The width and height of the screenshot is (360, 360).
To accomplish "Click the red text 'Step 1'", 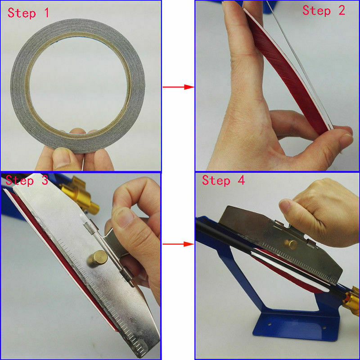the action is click(x=28, y=13).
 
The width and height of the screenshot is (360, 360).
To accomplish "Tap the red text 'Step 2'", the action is click(x=324, y=10).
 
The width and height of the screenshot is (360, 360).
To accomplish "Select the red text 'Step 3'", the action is click(x=27, y=180).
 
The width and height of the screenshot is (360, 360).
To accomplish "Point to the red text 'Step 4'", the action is click(x=223, y=180).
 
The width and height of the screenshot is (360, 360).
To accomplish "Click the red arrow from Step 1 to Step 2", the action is click(x=178, y=87).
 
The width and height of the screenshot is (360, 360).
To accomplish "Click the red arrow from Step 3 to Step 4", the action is click(x=178, y=244).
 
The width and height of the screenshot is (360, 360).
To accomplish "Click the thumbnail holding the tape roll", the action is click(x=61, y=158).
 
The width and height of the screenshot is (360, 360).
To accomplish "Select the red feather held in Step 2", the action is click(x=287, y=73).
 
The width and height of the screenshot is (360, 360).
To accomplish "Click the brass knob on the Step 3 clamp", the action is click(x=97, y=259).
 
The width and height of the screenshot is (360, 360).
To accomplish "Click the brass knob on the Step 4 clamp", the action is click(x=291, y=244).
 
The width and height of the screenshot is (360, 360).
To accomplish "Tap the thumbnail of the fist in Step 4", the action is click(x=286, y=206).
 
